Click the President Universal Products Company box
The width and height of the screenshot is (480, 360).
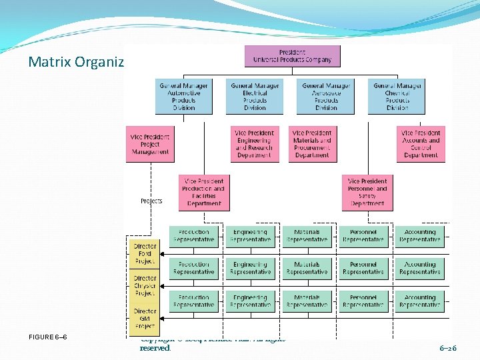point(292,56)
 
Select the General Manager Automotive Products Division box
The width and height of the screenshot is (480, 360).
point(184,97)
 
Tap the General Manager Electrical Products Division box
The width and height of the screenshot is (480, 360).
point(255,97)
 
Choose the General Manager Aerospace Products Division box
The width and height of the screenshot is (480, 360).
point(326,97)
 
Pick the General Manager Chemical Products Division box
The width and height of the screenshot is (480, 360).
point(397,97)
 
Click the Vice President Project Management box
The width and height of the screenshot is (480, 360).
point(150,144)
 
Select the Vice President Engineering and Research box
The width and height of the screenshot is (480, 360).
point(254,144)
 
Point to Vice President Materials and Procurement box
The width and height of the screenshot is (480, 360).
point(312,144)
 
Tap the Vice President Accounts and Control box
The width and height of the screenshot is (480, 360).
point(421,144)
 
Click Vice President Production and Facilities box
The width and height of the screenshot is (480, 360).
point(204,192)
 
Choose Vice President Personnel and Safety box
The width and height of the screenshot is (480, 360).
point(367,192)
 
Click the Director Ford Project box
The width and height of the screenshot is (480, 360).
point(145,254)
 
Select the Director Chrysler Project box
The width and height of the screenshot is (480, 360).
point(145,286)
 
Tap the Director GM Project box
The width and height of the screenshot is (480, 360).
point(145,318)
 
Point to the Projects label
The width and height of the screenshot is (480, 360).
point(151,201)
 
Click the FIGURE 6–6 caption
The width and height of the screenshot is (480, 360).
point(47,337)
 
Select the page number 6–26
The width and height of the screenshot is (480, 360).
point(448,348)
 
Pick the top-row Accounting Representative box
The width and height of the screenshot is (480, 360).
point(420,236)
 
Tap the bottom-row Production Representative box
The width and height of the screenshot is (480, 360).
point(194,301)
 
